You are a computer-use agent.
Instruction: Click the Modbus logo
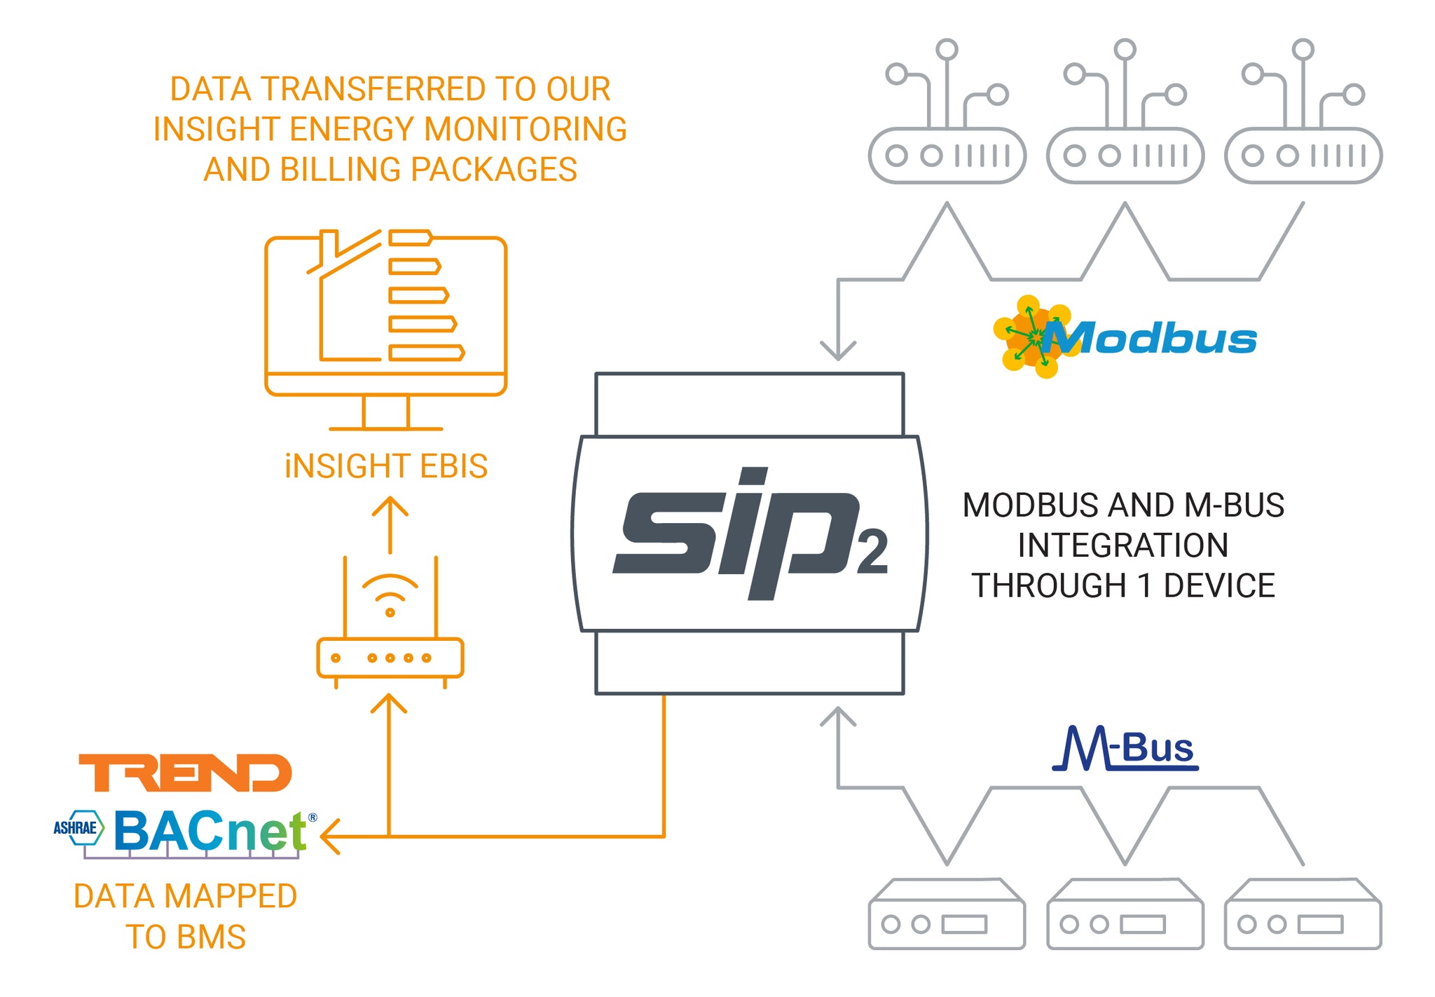click(x=1125, y=338)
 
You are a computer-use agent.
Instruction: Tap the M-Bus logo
click(x=1125, y=748)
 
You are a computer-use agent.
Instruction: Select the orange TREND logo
click(x=185, y=773)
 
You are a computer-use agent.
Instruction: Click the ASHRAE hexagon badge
click(x=78, y=827)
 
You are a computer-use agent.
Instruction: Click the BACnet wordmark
click(x=210, y=831)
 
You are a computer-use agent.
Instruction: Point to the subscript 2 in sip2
click(x=872, y=552)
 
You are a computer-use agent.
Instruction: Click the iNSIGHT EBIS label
click(x=386, y=466)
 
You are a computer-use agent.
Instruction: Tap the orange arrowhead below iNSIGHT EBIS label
click(x=390, y=506)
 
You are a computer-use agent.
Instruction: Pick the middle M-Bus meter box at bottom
click(x=1125, y=915)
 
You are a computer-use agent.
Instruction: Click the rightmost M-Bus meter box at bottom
click(x=1303, y=915)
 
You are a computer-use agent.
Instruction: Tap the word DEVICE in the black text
click(x=1219, y=585)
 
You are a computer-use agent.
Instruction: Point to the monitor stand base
click(x=386, y=428)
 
